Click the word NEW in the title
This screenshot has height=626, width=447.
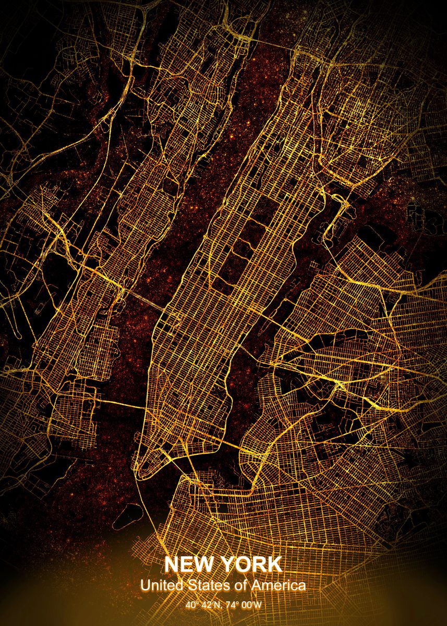190,565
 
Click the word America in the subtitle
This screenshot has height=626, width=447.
279,585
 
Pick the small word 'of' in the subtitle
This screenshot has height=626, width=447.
240,585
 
